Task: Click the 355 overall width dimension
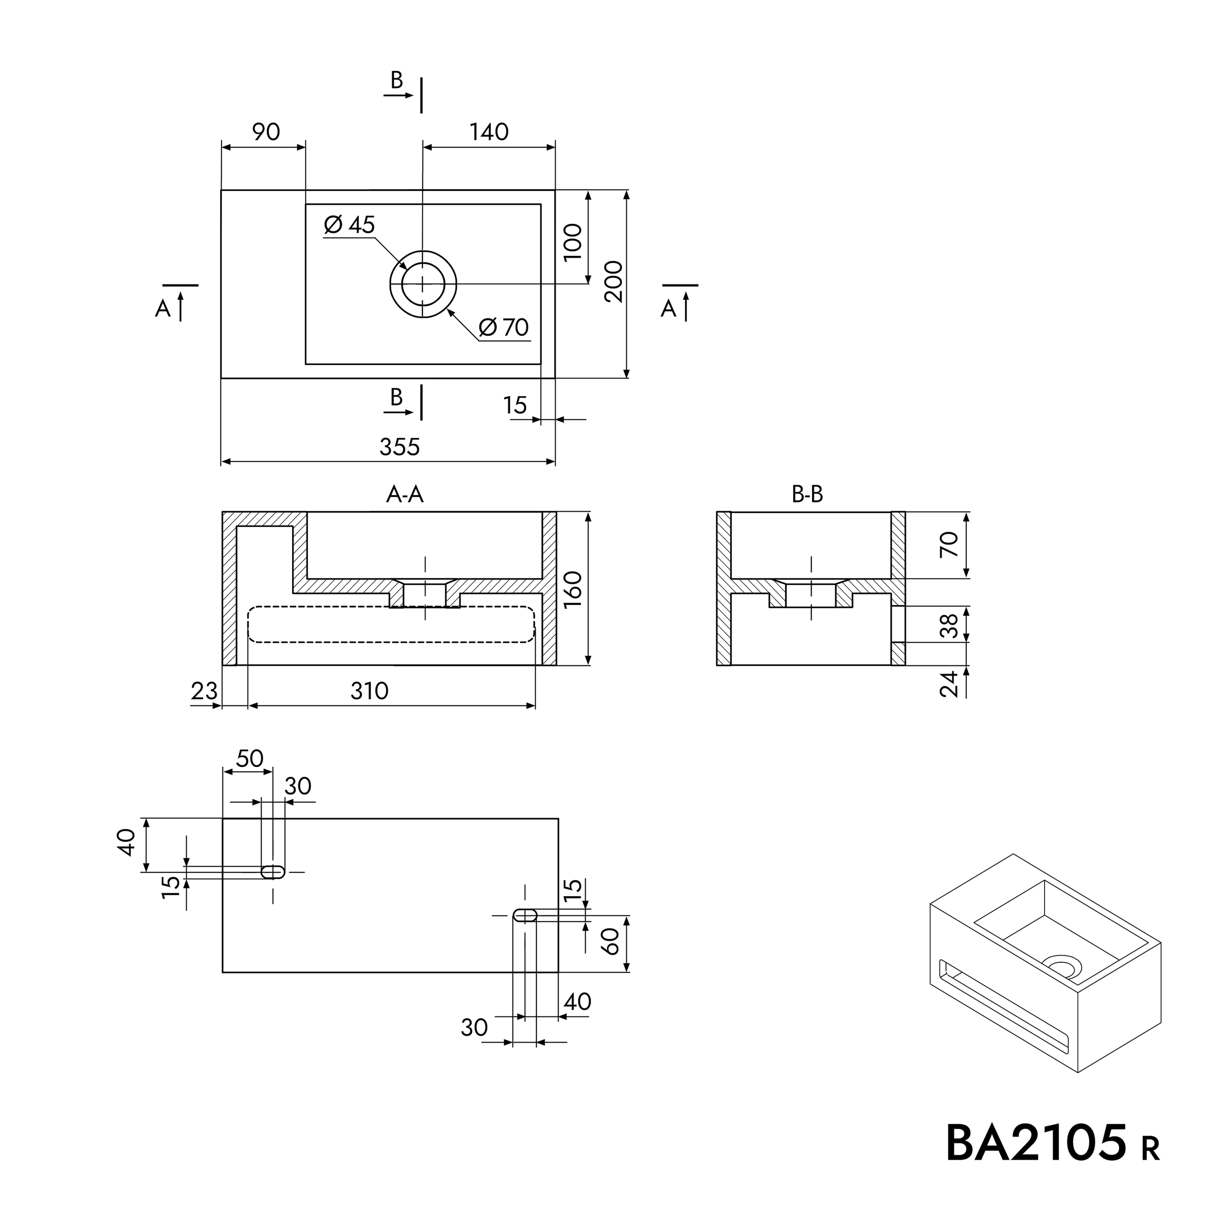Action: pyautogui.click(x=399, y=447)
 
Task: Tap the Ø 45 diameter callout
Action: pyautogui.click(x=350, y=225)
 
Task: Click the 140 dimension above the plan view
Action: pyautogui.click(x=489, y=132)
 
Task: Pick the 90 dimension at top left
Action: pyautogui.click(x=265, y=132)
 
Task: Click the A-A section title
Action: pyautogui.click(x=405, y=495)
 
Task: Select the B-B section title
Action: pyautogui.click(x=807, y=495)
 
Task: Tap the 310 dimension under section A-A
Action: pyautogui.click(x=369, y=691)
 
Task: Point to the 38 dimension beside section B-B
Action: pyautogui.click(x=949, y=625)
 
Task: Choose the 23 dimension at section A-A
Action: pyautogui.click(x=204, y=691)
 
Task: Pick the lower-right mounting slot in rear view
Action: pyautogui.click(x=525, y=915)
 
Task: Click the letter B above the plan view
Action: pyautogui.click(x=397, y=80)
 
